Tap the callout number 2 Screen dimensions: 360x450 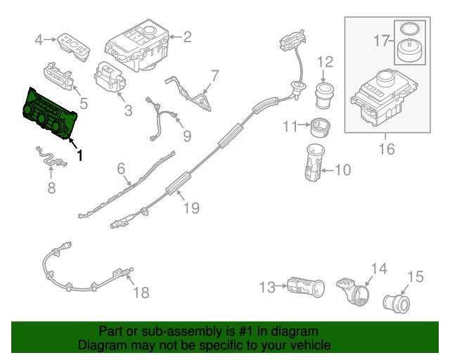(x=187, y=37)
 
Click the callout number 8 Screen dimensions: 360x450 (x=51, y=188)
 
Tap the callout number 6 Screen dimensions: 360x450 (x=120, y=169)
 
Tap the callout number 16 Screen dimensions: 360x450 (x=386, y=149)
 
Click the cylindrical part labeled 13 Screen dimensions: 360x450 (x=305, y=286)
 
